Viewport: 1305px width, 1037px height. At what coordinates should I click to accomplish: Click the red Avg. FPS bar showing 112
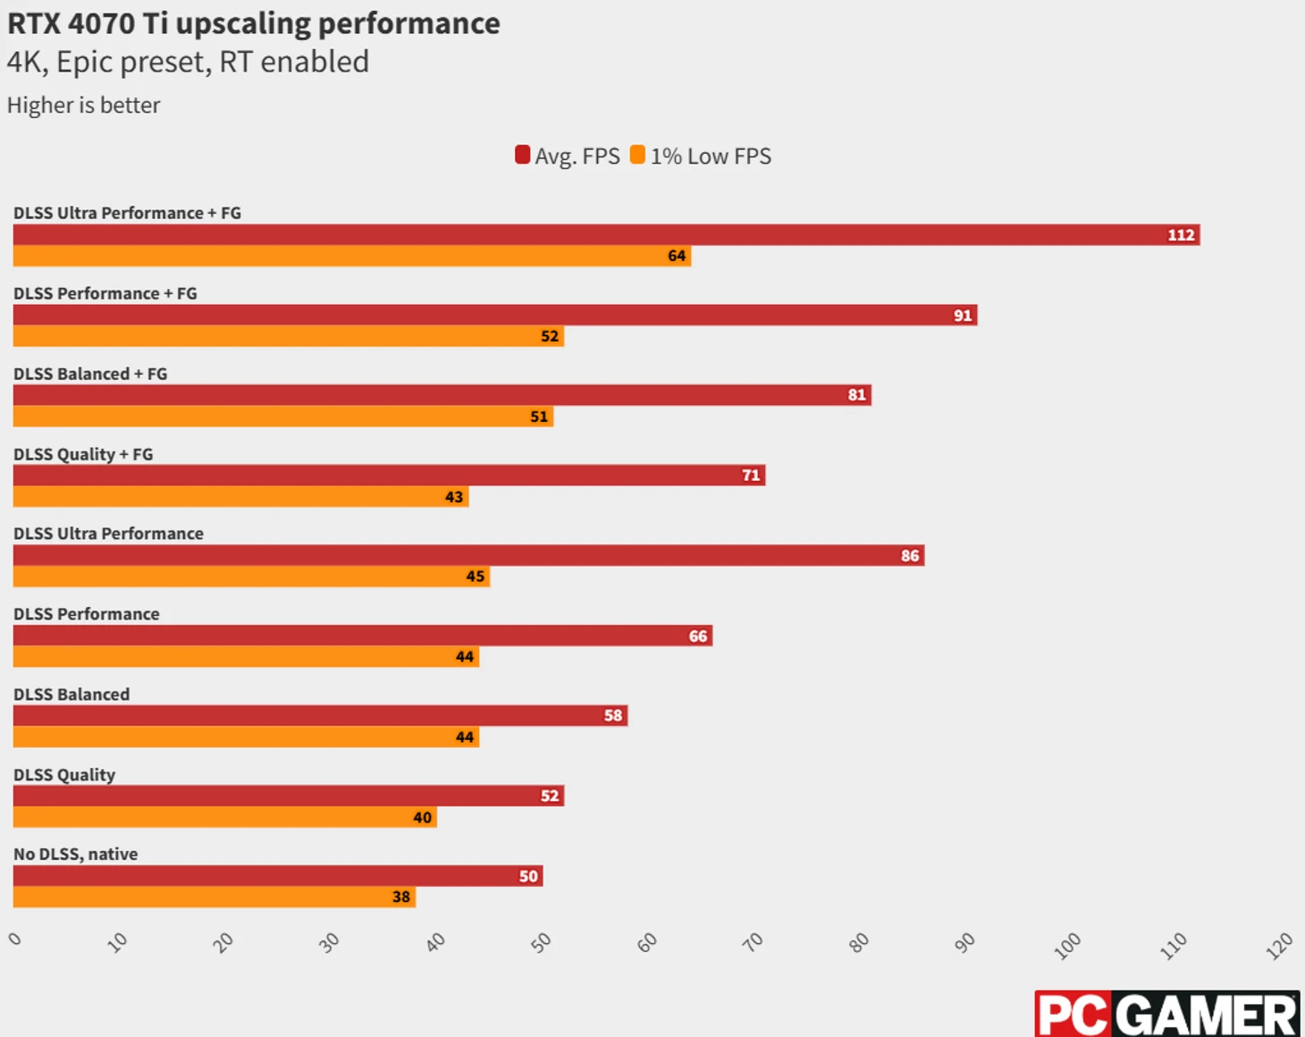(x=606, y=234)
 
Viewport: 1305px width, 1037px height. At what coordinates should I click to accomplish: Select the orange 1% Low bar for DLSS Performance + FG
(x=288, y=336)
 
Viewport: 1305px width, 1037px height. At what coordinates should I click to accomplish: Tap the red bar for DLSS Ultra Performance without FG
(x=468, y=555)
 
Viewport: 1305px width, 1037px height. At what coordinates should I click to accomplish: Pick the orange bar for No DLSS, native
(x=215, y=897)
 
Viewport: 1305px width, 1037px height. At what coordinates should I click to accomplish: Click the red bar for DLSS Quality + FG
(x=389, y=475)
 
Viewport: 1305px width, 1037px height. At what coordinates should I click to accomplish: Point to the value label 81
(x=856, y=395)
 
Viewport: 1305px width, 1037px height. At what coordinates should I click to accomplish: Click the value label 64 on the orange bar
(x=677, y=256)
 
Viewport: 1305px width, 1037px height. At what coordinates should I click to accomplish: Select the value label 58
(x=612, y=715)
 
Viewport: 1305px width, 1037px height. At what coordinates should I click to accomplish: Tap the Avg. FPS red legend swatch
(x=523, y=155)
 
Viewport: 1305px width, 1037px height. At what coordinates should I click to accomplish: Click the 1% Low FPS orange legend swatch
(x=637, y=155)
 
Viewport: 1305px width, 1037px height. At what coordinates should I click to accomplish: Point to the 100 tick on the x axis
(x=1067, y=945)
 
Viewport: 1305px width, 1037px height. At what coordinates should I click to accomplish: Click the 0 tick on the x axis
(x=15, y=939)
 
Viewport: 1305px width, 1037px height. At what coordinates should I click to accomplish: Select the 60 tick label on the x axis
(x=646, y=942)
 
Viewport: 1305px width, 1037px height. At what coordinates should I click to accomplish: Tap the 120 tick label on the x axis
(x=1279, y=945)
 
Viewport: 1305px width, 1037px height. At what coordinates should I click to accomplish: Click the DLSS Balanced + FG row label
(x=90, y=374)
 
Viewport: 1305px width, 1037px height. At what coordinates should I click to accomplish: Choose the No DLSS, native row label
(x=76, y=854)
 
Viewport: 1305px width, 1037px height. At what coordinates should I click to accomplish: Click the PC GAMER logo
(x=1166, y=1014)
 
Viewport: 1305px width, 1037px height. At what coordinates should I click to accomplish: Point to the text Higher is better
(x=84, y=105)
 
